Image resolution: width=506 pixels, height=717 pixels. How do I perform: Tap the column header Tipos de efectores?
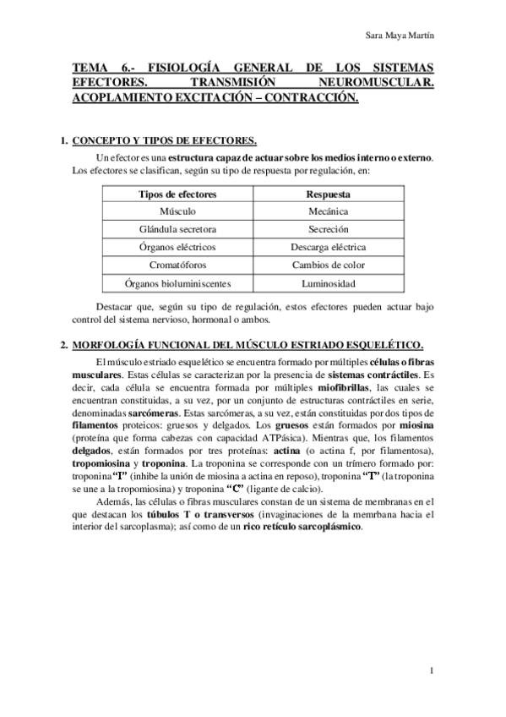pyautogui.click(x=177, y=194)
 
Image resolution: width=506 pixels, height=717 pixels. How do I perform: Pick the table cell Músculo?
pyautogui.click(x=177, y=211)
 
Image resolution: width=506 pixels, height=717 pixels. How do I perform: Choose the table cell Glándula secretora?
pyautogui.click(x=177, y=229)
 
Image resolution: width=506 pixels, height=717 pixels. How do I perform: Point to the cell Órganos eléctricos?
pyautogui.click(x=177, y=247)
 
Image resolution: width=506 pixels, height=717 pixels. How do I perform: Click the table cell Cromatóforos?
pyautogui.click(x=177, y=265)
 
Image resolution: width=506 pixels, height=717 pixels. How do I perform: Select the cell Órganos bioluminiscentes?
pyautogui.click(x=177, y=283)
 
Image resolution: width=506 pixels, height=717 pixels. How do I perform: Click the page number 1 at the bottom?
pyautogui.click(x=431, y=670)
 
